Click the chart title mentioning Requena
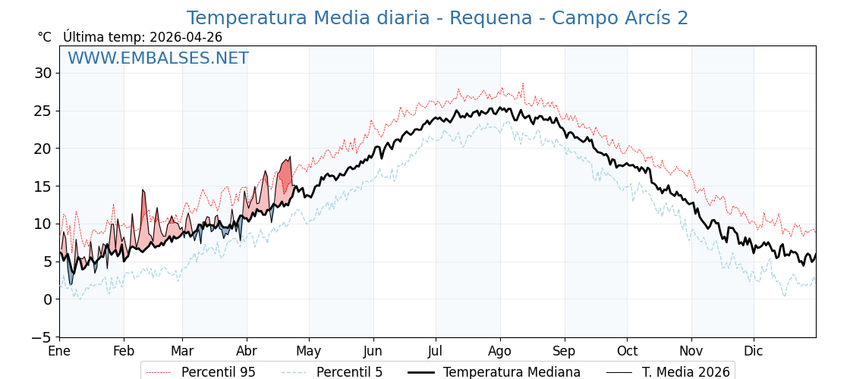pos(437,18)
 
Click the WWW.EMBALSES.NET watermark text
pos(158,58)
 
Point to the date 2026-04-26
pos(186,37)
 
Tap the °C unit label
pos(45,37)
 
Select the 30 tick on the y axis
pos(42,73)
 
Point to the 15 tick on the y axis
pos(42,186)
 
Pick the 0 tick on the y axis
pos(47,299)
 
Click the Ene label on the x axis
pos(59,352)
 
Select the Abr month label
pos(247,352)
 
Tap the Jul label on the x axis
pos(436,352)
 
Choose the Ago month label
pos(500,352)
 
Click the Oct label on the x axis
pos(627,352)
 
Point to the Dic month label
pos(754,352)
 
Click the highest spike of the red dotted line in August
pos(522,83)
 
